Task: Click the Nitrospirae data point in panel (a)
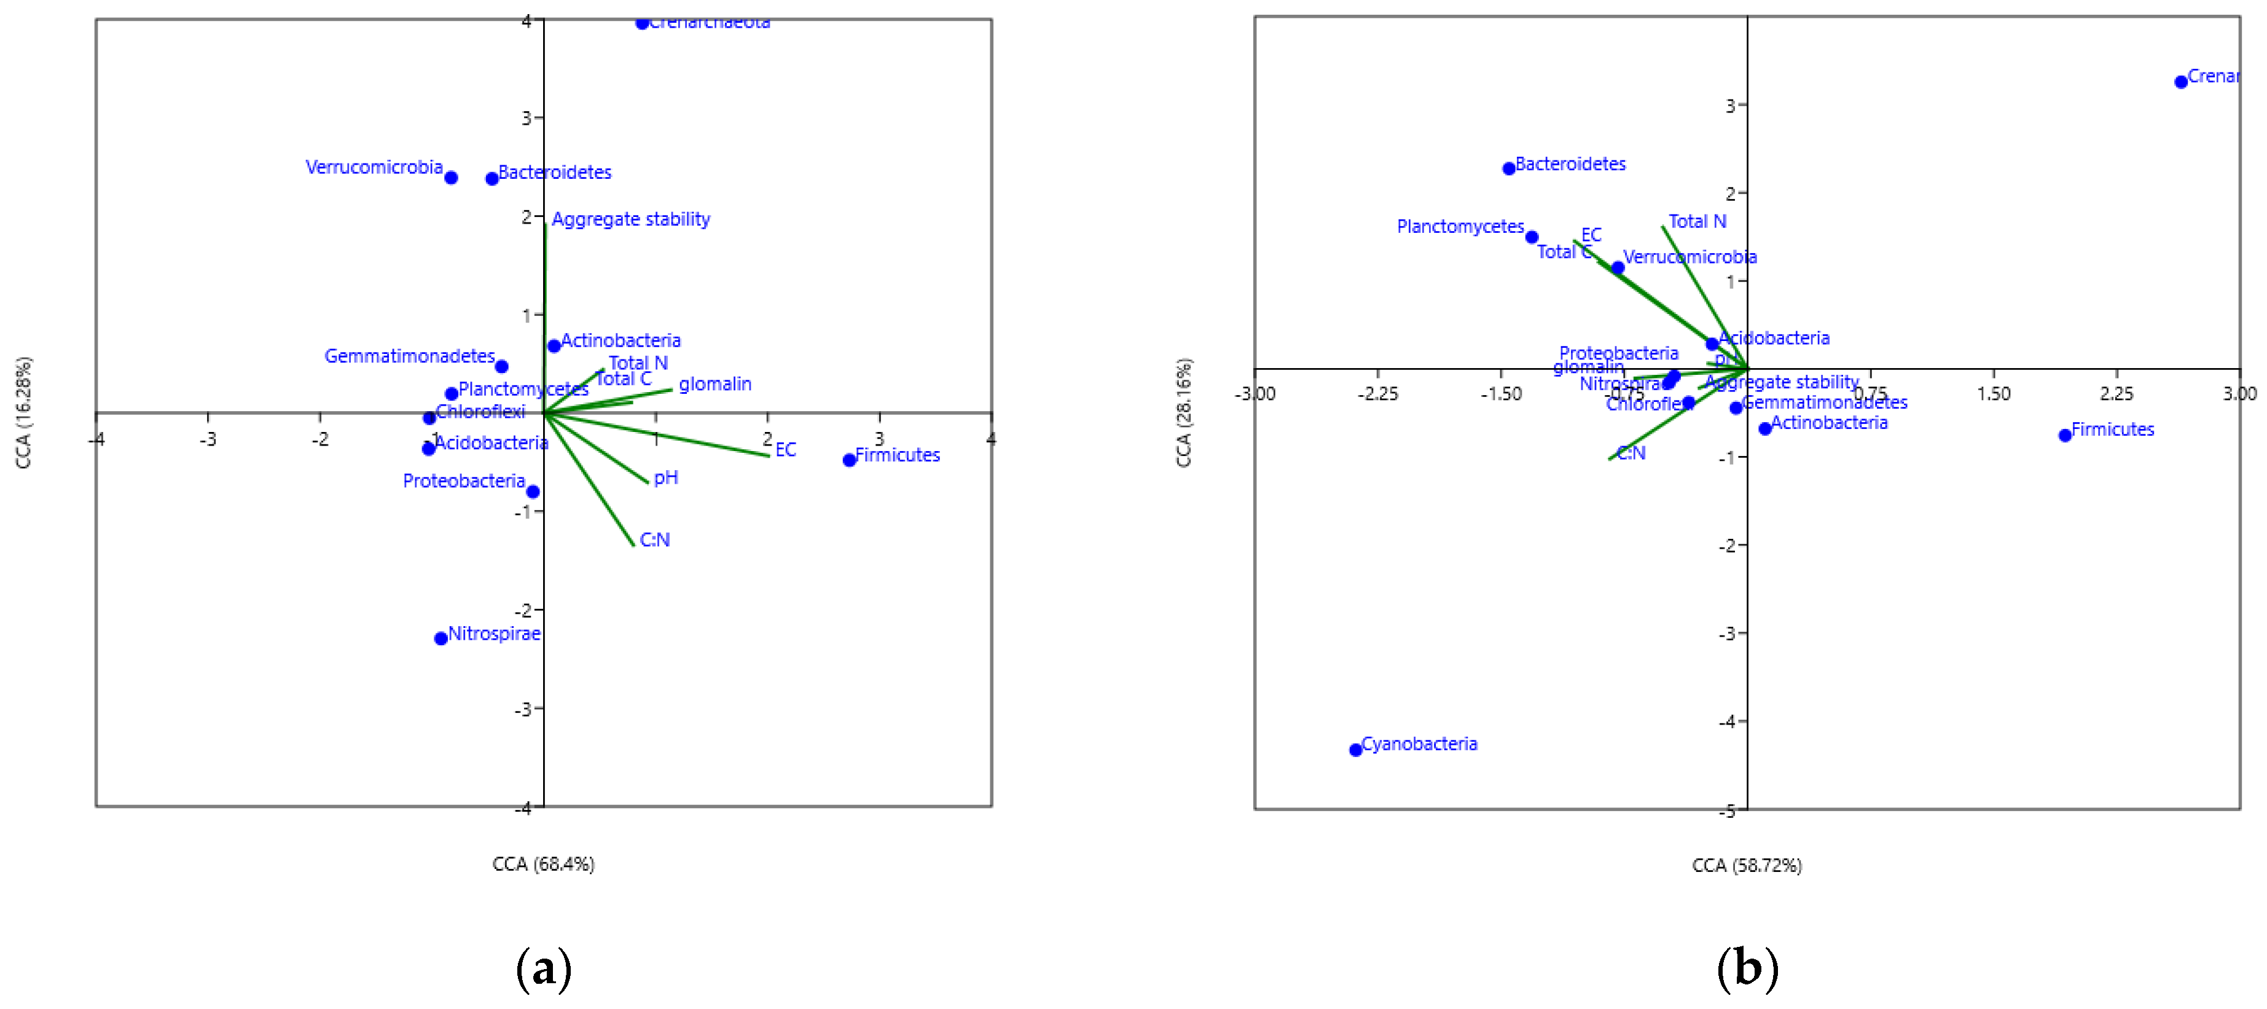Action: click(441, 638)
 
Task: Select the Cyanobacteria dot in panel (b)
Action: click(1355, 750)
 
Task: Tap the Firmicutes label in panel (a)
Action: click(897, 455)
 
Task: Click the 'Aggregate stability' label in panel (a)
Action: click(630, 219)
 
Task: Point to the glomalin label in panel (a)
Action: click(715, 384)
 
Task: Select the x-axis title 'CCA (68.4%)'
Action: click(543, 864)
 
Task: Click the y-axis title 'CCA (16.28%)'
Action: click(24, 412)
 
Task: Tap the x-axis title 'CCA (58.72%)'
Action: click(1746, 865)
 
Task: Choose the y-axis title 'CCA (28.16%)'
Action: click(1184, 412)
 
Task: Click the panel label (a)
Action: click(543, 968)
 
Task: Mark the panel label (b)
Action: click(1747, 968)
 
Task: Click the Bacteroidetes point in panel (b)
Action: click(1508, 168)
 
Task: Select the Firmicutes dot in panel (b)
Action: click(2065, 435)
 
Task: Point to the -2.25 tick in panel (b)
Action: click(1377, 393)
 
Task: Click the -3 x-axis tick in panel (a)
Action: click(208, 439)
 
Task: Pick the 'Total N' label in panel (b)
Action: click(1697, 222)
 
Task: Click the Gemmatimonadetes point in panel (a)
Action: click(501, 366)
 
